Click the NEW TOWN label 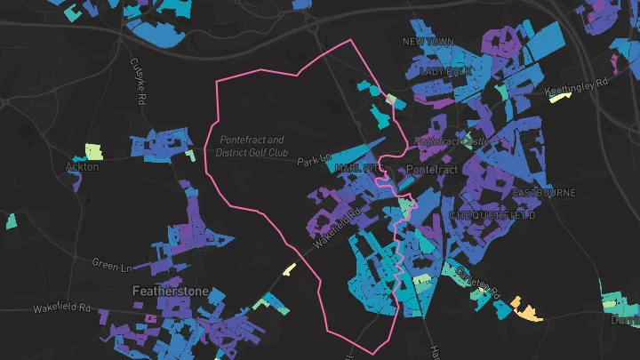click(428, 42)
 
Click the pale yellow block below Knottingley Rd click(559, 98)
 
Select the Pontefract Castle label click(452, 141)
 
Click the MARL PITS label click(359, 167)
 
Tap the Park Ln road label click(314, 162)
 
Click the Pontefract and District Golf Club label click(252, 146)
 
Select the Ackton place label click(82, 166)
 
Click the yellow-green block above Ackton click(93, 151)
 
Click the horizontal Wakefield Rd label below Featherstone click(62, 308)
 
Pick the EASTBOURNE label click(544, 193)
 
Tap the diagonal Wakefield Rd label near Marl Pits click(340, 227)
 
